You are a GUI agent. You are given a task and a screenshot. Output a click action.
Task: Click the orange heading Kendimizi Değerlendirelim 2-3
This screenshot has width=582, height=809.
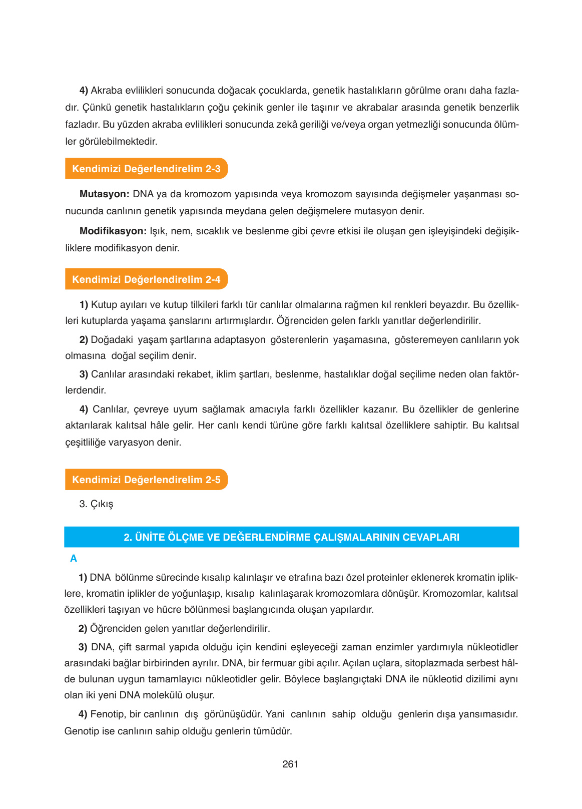tap(146, 169)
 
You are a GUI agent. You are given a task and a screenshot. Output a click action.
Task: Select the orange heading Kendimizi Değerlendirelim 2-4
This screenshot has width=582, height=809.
tap(146, 279)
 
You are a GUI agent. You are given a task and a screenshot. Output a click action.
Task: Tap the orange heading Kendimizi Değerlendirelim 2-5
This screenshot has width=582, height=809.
tap(146, 480)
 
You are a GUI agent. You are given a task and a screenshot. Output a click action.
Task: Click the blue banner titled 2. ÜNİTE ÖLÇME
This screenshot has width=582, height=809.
tap(291, 537)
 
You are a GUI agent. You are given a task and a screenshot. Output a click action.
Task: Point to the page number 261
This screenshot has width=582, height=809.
tap(290, 764)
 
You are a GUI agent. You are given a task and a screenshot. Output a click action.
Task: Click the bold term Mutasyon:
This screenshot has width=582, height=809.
tap(104, 194)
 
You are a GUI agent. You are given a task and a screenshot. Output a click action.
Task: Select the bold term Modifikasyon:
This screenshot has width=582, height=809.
tap(113, 231)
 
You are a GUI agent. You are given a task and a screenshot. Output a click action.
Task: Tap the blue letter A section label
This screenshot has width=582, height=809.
tap(74, 559)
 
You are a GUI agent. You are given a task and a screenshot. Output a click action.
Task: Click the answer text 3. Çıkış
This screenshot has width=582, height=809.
tap(96, 504)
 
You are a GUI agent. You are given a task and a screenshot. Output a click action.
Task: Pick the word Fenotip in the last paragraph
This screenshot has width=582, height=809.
tap(108, 714)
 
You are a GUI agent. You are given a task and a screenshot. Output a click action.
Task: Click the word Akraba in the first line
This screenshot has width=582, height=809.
tap(107, 91)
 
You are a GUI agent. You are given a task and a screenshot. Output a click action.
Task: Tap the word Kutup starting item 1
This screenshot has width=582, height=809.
tap(104, 305)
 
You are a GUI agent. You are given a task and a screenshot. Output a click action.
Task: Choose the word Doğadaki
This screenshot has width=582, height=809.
tap(112, 340)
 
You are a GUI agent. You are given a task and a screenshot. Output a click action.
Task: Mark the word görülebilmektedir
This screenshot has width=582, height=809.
tap(118, 142)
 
